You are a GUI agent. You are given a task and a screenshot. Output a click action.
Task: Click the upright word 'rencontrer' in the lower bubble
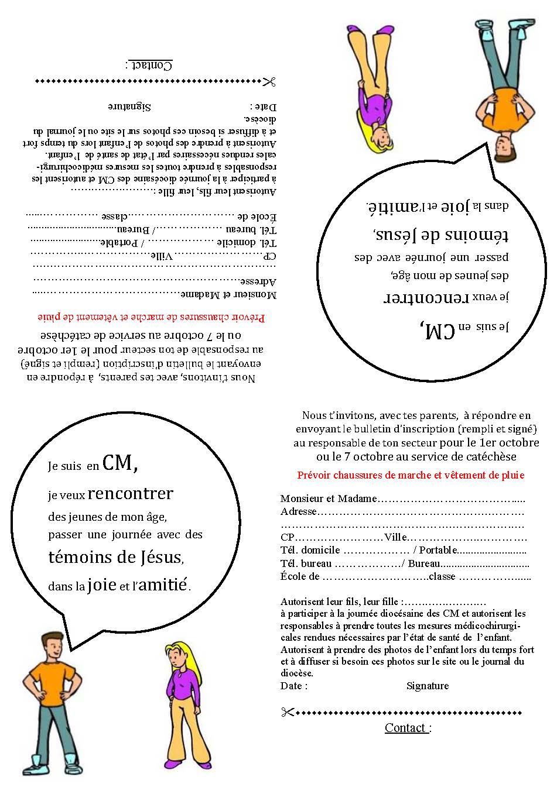click(131, 494)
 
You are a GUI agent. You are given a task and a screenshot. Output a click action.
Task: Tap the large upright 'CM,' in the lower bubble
click(120, 463)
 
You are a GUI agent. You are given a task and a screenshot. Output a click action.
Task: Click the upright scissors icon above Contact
click(287, 712)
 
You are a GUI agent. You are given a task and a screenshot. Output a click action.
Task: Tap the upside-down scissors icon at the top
click(269, 81)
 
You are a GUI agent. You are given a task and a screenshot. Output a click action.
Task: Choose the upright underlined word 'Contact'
click(405, 728)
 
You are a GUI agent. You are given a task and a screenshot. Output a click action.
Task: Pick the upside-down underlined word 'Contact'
click(151, 65)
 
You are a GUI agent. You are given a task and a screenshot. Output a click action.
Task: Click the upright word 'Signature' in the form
click(428, 686)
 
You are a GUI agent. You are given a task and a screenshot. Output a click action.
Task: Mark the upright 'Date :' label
click(294, 686)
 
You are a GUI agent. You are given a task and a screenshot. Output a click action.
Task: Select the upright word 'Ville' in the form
click(395, 538)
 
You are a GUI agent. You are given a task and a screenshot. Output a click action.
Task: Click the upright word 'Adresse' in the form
click(299, 511)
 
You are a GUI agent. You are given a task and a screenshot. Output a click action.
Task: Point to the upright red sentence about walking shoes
click(411, 475)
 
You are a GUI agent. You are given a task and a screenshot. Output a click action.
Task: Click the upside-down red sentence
click(152, 318)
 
